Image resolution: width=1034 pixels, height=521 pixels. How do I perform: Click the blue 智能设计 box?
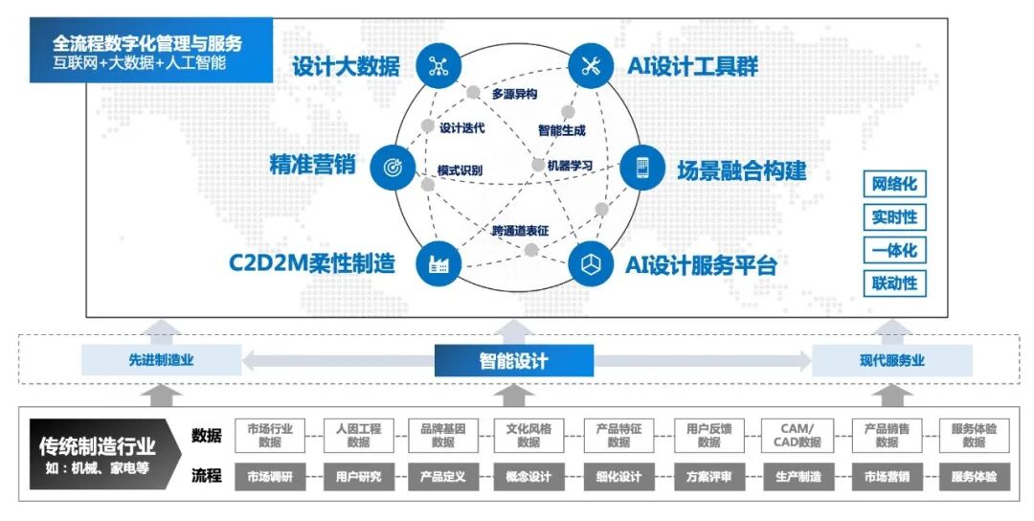coord(514,361)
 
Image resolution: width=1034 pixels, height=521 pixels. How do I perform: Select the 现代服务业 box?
coord(891,361)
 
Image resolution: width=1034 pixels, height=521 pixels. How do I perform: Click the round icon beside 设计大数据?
coord(438,66)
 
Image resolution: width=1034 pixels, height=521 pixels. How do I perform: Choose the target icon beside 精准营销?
coord(391,167)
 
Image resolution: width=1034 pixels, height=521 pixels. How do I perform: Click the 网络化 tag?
coord(894,184)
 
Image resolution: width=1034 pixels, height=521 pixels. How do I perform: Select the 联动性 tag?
coord(894,283)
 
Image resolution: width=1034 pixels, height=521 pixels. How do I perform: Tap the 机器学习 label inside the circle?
coord(571,166)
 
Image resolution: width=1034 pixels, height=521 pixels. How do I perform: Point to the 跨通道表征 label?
coord(521,231)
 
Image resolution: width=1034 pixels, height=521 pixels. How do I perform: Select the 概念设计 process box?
coord(528,476)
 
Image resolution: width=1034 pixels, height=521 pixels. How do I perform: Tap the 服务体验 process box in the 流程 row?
coord(974,476)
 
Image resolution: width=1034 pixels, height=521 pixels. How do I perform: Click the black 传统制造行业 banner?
coord(98,454)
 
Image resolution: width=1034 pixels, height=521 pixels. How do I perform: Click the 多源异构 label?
coord(514,94)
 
